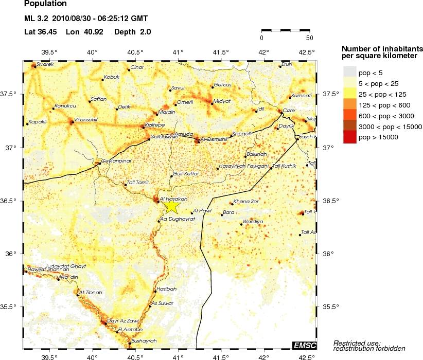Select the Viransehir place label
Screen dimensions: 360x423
(86, 119)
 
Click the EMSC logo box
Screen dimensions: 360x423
(304, 345)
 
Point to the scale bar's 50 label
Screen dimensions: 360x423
(309, 38)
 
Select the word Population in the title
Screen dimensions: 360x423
(45, 4)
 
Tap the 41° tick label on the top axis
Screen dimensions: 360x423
(178, 52)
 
